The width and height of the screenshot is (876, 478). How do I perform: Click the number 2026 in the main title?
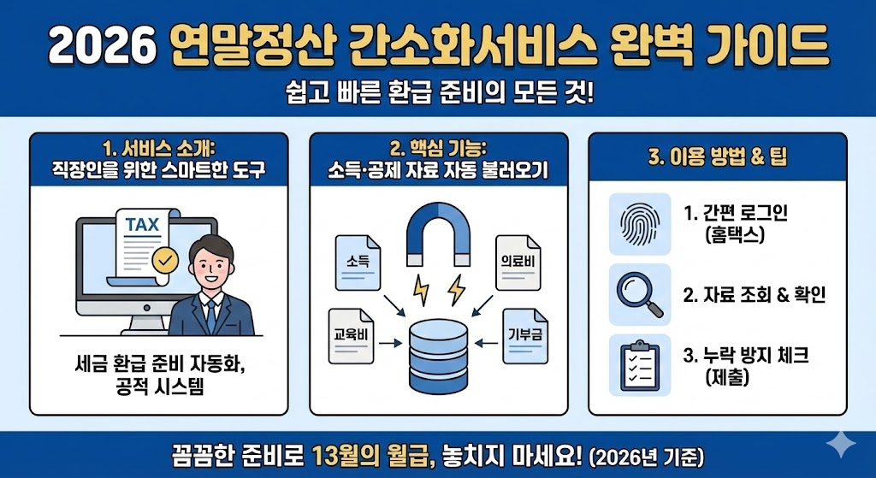(x=96, y=45)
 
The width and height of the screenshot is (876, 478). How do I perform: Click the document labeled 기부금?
(x=523, y=333)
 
